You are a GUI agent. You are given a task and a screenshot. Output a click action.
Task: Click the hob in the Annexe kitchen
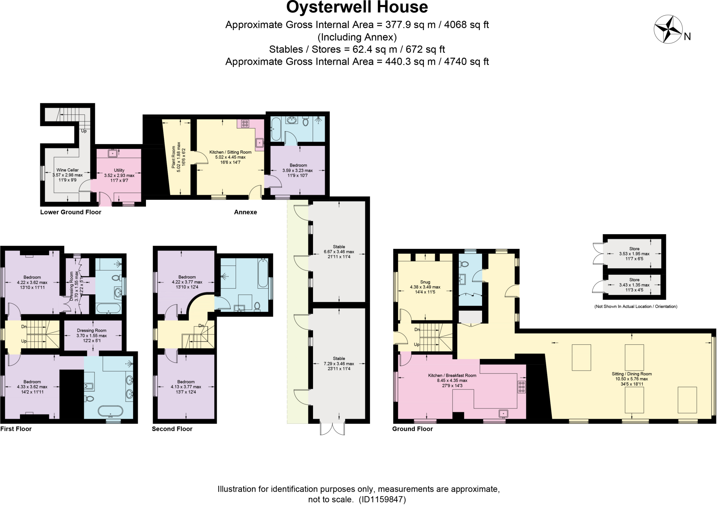tap(245, 123)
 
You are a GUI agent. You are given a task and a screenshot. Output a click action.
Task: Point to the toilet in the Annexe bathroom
tap(305, 121)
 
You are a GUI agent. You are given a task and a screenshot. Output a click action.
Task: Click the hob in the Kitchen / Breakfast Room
tap(521, 387)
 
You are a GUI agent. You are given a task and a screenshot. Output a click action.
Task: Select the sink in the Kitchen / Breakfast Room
tap(503, 413)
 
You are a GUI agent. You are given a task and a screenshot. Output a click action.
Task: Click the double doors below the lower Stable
tap(332, 429)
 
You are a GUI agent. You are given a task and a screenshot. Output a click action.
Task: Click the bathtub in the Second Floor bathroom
tap(263, 273)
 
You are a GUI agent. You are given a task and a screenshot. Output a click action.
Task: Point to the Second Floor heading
tap(172, 429)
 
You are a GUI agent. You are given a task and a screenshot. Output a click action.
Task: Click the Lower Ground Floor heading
tap(70, 212)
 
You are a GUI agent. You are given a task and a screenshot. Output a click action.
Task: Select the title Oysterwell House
tap(357, 7)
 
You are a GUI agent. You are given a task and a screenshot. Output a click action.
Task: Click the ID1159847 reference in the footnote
tap(382, 499)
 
